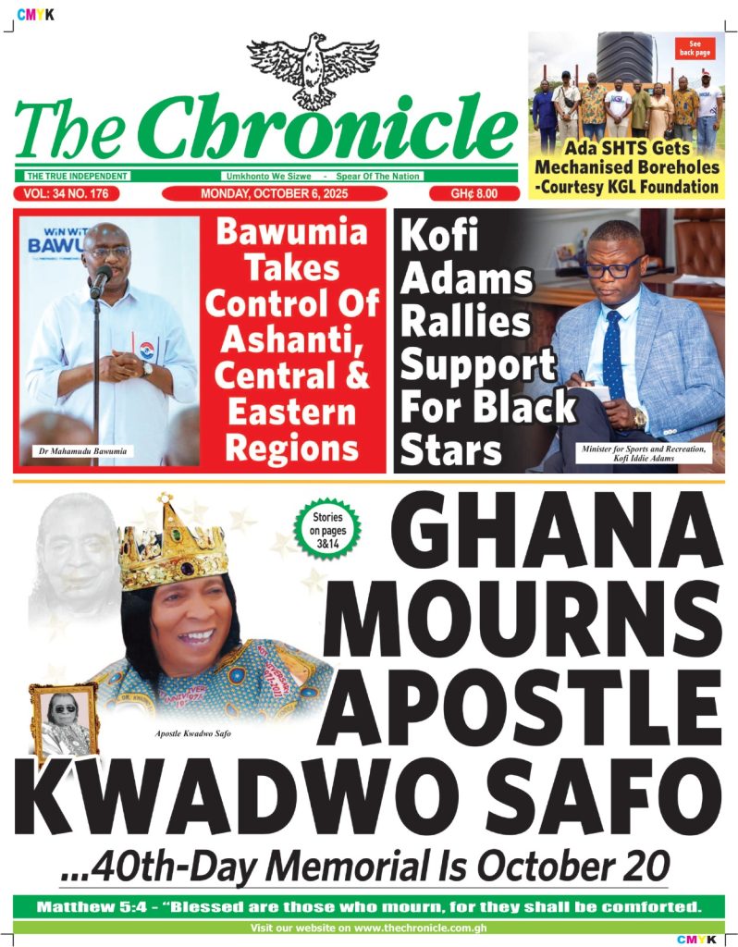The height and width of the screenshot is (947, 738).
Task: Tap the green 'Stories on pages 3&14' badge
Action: tap(326, 529)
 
